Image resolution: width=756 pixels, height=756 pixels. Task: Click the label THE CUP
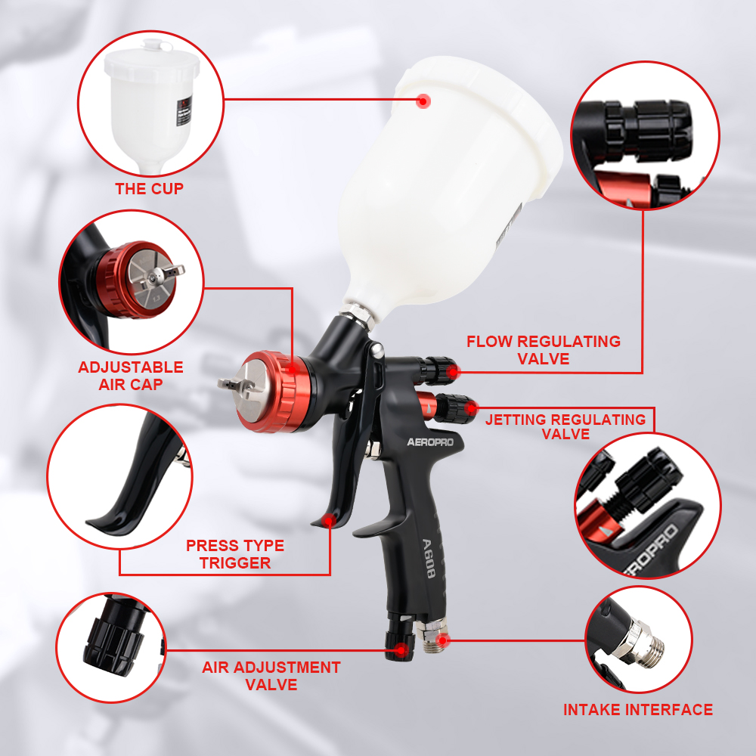[150, 188]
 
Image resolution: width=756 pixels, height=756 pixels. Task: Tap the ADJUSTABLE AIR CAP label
[131, 376]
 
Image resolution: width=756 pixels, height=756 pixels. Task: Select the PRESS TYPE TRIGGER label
[235, 554]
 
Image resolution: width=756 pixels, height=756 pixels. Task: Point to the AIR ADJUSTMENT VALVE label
[271, 676]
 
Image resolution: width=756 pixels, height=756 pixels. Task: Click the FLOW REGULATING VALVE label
[544, 350]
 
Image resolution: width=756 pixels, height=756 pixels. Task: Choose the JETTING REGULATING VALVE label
[565, 426]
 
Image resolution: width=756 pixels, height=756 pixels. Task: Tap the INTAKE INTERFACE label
[638, 710]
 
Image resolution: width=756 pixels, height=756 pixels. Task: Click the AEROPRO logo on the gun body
[430, 442]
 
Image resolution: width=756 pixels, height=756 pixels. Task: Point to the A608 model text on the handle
[428, 559]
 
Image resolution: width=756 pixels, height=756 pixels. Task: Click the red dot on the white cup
[423, 101]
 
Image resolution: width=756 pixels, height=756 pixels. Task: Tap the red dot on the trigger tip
[330, 521]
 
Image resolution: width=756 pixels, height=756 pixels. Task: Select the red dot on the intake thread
[442, 640]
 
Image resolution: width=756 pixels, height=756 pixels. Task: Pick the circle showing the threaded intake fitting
[638, 640]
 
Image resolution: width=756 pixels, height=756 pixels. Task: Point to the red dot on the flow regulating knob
[453, 371]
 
